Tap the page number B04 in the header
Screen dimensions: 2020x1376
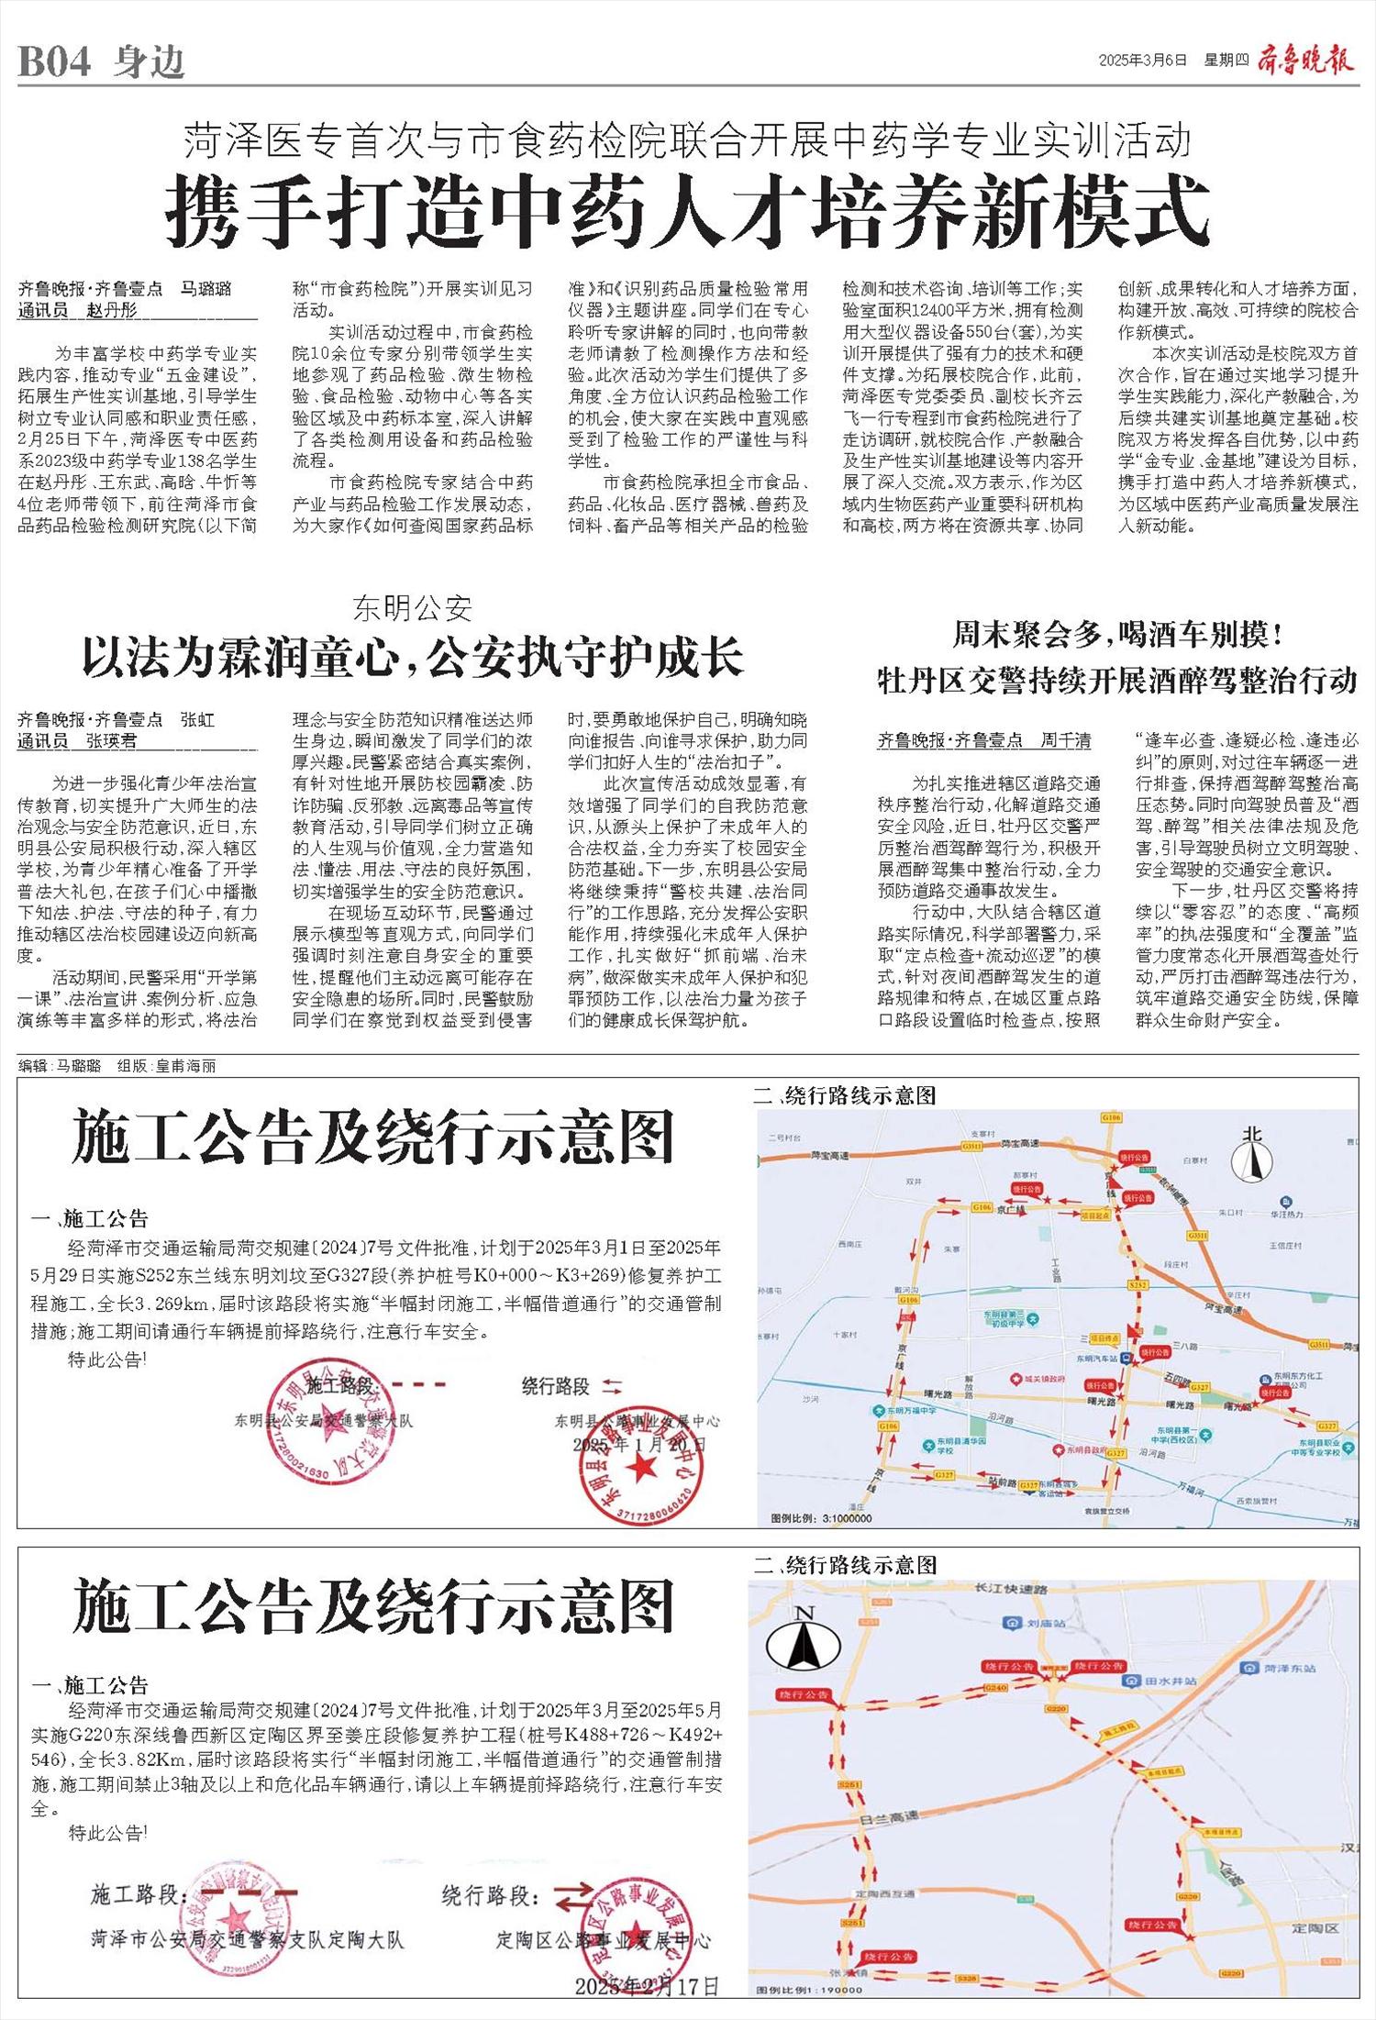pyautogui.click(x=55, y=62)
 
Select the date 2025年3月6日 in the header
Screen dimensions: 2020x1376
pyautogui.click(x=1143, y=61)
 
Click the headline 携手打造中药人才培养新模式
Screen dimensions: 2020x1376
pyautogui.click(x=687, y=213)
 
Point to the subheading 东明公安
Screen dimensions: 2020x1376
pyautogui.click(x=412, y=608)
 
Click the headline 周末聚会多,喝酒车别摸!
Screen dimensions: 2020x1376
pyautogui.click(x=1117, y=634)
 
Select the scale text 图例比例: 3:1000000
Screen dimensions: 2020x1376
pyautogui.click(x=822, y=1518)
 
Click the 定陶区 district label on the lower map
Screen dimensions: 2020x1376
pyautogui.click(x=1315, y=1927)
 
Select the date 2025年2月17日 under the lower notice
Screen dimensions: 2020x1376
pyautogui.click(x=647, y=1986)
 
